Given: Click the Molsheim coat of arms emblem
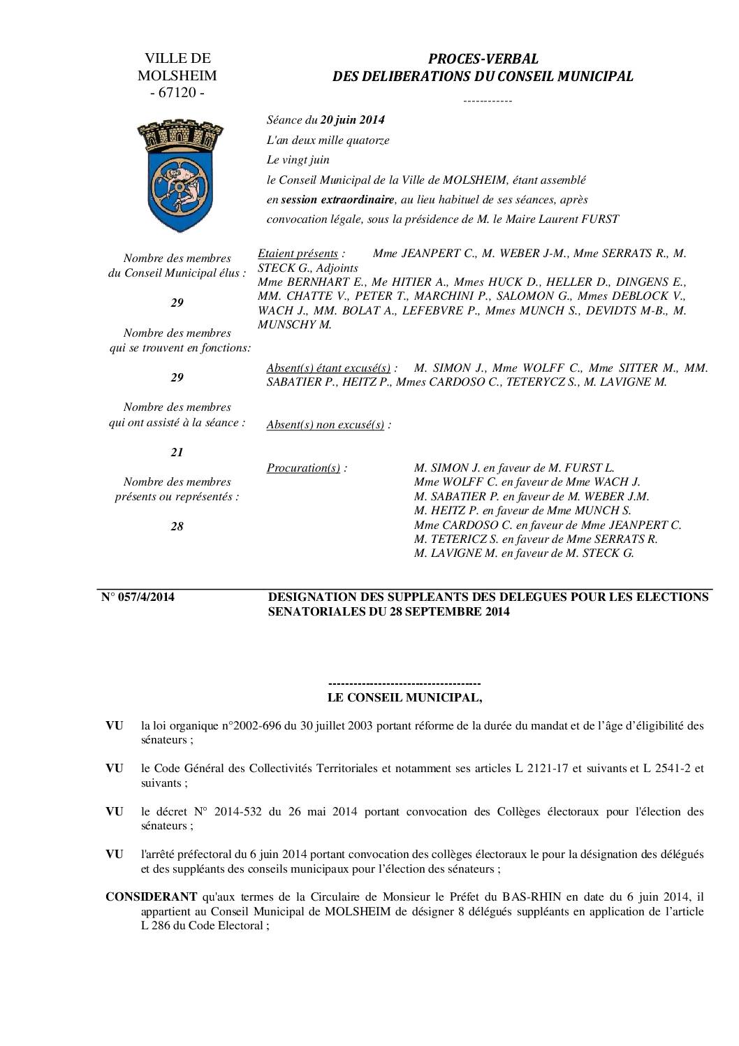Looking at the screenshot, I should pyautogui.click(x=175, y=175).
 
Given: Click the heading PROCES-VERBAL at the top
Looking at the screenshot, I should pyautogui.click(x=483, y=59).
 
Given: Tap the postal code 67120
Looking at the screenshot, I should pyautogui.click(x=177, y=93).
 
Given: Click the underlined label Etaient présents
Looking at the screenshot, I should pyautogui.click(x=298, y=254).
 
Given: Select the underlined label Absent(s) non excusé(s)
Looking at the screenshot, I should pyautogui.click(x=325, y=425).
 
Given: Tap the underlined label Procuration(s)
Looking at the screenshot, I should pyautogui.click(x=303, y=468).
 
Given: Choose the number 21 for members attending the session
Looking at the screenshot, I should pyautogui.click(x=177, y=452).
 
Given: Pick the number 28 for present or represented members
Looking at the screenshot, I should pyautogui.click(x=177, y=526).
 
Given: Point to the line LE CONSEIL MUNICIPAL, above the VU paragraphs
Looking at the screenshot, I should pyautogui.click(x=404, y=697).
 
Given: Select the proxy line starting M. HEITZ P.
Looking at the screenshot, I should pyautogui.click(x=522, y=511).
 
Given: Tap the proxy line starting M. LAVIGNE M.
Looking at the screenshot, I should pyautogui.click(x=524, y=553).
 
